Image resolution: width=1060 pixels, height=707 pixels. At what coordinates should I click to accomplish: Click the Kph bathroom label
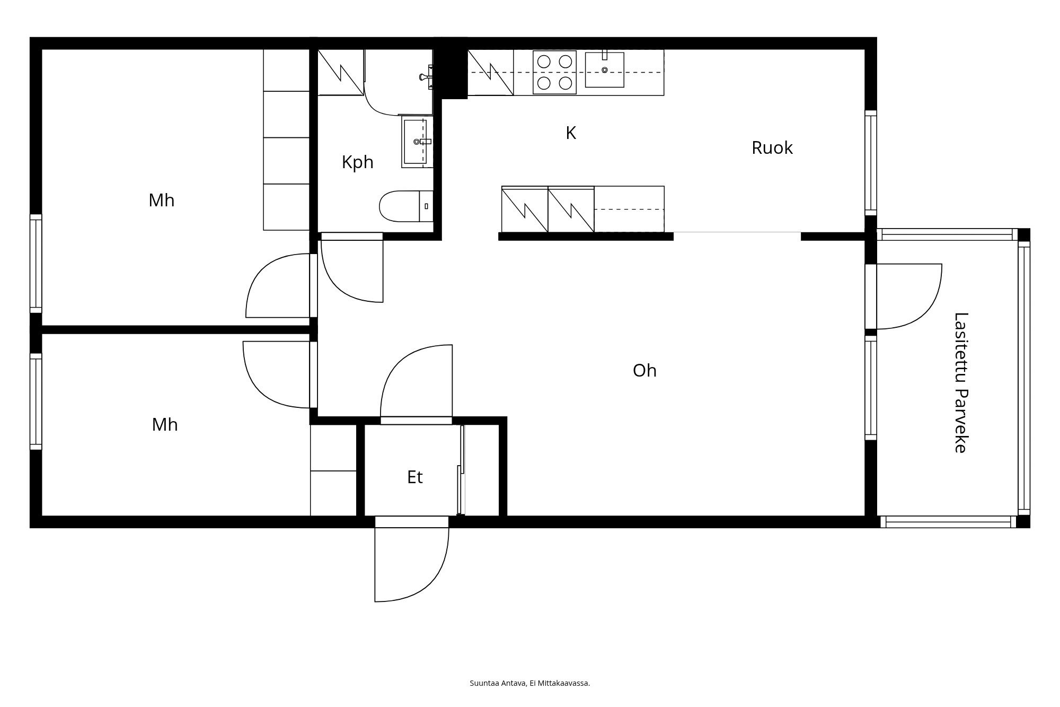pos(357,162)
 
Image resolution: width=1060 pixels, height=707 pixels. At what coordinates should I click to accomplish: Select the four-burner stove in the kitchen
pos(554,72)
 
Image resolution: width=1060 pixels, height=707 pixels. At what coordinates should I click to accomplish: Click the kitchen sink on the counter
pos(604,70)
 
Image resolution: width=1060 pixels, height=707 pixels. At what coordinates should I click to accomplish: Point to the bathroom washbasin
pos(417,142)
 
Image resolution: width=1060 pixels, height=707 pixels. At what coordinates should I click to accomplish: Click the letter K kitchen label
pos(571,133)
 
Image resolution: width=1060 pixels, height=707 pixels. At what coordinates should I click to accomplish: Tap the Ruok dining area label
pos(772,148)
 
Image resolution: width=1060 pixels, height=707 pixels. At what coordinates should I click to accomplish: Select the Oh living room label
pos(644,370)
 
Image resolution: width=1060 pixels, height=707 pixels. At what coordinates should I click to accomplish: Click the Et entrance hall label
pos(414,477)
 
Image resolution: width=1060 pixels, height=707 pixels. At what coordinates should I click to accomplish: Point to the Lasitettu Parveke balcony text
pos(961,382)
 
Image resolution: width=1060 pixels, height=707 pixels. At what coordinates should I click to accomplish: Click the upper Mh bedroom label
pos(161,200)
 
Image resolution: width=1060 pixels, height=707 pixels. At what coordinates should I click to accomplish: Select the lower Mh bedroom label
pos(164,425)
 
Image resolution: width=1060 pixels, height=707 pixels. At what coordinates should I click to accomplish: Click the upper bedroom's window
pos(36,264)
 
